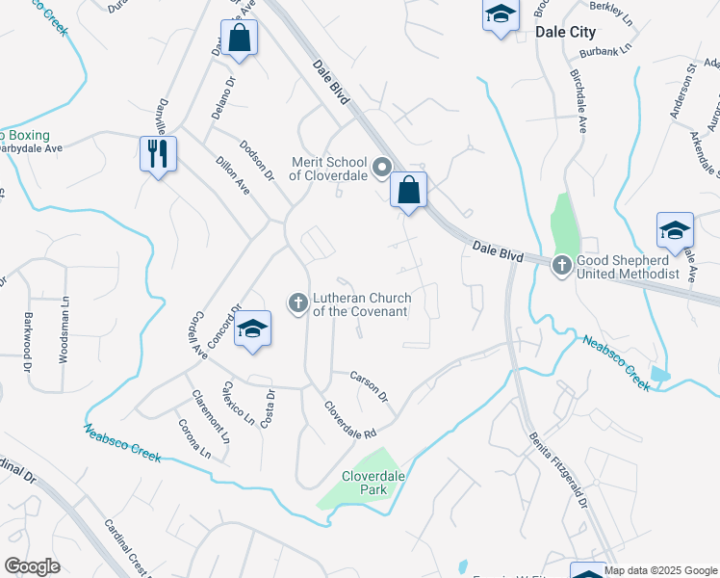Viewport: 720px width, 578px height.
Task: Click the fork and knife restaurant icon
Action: click(158, 153)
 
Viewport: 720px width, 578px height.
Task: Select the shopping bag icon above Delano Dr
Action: click(240, 39)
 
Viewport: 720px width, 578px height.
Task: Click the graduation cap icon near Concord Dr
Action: click(252, 328)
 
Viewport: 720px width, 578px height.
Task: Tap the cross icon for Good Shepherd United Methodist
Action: click(562, 264)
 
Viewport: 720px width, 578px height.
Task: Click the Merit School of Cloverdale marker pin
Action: click(381, 170)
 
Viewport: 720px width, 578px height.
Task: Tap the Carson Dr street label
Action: click(369, 386)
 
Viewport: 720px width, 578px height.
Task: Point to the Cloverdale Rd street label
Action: click(349, 421)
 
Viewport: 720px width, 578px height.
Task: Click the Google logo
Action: click(32, 565)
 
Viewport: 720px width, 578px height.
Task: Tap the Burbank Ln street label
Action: click(612, 45)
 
